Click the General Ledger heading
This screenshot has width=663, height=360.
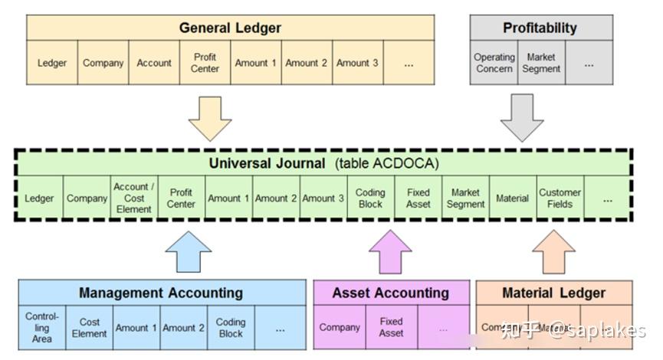point(230,28)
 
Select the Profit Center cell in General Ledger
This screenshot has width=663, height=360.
point(205,63)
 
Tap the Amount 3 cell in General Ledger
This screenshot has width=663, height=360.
point(357,63)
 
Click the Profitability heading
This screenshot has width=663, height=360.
point(540,28)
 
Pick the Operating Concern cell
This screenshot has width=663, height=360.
point(494,63)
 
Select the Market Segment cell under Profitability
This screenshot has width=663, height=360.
point(541,63)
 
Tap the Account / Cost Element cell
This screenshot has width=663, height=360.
point(134,198)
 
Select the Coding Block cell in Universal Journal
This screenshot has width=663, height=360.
point(370,198)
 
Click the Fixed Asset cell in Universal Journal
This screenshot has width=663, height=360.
point(418,198)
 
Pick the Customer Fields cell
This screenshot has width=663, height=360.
point(560,198)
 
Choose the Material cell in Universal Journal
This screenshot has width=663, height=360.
point(512,198)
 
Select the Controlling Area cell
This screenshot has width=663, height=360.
point(41,327)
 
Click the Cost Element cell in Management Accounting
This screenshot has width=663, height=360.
point(89,328)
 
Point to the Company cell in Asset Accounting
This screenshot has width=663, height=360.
point(340,327)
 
